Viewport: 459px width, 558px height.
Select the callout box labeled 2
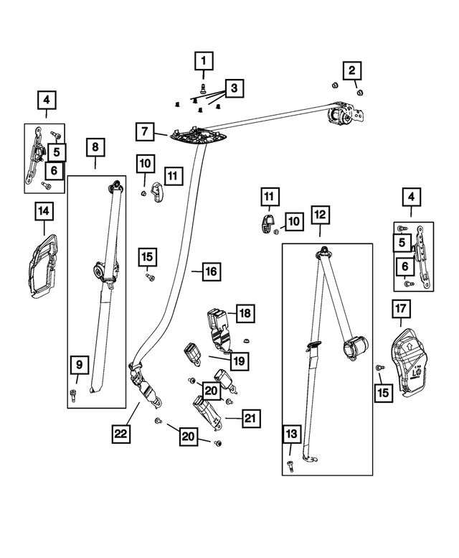351,70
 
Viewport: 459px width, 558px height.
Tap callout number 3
232,88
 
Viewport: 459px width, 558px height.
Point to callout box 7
145,131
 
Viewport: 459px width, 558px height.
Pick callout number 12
320,214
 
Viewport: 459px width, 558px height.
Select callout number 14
44,211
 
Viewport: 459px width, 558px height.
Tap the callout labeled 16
210,271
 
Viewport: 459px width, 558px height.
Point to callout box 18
245,313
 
